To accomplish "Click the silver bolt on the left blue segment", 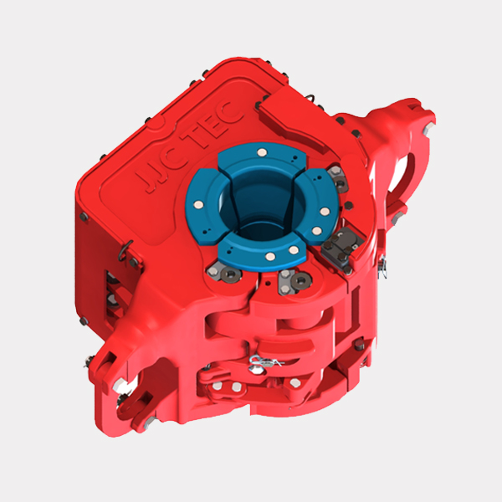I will coord(197,205).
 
